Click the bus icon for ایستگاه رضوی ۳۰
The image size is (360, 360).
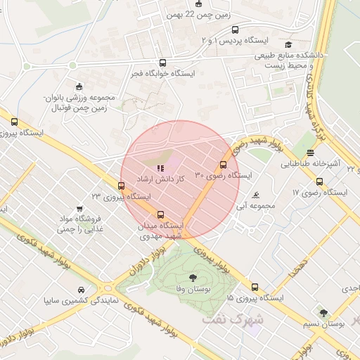(224, 165)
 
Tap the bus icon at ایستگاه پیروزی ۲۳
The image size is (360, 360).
(122, 186)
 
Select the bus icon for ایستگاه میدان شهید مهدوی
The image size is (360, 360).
(161, 215)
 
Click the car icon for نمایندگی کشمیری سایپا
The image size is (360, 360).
(82, 290)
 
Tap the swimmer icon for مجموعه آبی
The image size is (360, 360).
(255, 195)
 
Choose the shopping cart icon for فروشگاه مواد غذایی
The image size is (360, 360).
(79, 209)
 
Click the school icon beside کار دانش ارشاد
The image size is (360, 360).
(161, 169)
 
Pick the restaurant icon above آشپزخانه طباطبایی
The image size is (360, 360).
(310, 153)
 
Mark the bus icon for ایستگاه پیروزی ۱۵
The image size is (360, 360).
(255, 287)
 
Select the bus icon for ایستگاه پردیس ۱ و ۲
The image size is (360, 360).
(235, 30)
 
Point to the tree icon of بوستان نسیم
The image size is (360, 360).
(323, 313)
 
